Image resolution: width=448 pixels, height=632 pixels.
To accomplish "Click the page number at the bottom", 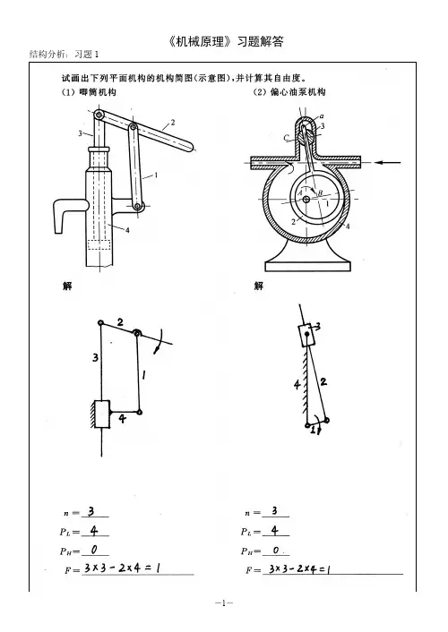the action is click(x=224, y=603).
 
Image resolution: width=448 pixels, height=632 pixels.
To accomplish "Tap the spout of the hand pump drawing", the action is click(x=65, y=211).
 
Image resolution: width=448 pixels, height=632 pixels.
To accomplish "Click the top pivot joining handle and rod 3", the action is click(x=99, y=115).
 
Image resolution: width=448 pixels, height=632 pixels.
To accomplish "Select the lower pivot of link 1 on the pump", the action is click(x=138, y=207).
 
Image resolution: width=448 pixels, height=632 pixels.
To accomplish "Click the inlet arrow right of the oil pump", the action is click(x=388, y=162).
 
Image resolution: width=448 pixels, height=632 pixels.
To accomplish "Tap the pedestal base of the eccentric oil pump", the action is click(x=307, y=259).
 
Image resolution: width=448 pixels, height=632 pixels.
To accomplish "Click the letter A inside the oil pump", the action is click(x=300, y=193).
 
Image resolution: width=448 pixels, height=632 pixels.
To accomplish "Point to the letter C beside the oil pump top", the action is click(x=286, y=138).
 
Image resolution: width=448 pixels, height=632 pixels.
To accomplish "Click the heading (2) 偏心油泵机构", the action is click(x=289, y=92).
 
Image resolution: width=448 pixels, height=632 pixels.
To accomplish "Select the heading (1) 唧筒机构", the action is click(x=89, y=92).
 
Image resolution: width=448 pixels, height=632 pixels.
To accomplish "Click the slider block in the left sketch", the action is click(x=102, y=414).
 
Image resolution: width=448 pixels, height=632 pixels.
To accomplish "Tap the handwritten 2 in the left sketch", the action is click(x=120, y=322).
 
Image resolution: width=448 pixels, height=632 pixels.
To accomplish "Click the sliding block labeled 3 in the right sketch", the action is click(x=306, y=336).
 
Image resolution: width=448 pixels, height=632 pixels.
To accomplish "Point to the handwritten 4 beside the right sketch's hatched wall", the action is click(x=297, y=385).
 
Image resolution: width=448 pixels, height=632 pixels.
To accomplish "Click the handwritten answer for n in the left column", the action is click(x=91, y=511).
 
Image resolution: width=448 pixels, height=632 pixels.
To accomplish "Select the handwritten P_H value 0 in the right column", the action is click(x=276, y=551).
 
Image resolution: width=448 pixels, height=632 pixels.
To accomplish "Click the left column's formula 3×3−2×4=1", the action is click(x=122, y=568).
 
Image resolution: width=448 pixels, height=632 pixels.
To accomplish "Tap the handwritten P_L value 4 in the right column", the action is click(x=275, y=531).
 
